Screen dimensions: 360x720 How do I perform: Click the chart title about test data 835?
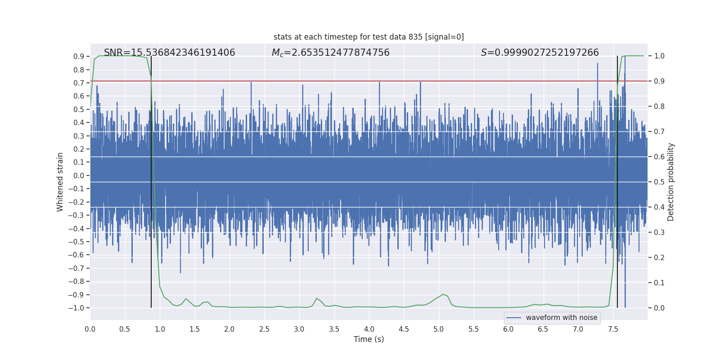tap(369, 37)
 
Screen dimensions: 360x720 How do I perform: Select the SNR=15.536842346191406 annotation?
tap(169, 53)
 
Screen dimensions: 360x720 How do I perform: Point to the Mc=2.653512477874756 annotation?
tap(330, 53)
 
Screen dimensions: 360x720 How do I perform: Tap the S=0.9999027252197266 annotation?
tap(540, 53)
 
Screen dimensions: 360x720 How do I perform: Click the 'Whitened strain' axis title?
tap(60, 182)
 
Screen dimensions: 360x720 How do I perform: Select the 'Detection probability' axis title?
tap(671, 182)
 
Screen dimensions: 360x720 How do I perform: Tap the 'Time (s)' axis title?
tap(369, 339)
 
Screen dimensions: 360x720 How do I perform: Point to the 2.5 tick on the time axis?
tap(264, 329)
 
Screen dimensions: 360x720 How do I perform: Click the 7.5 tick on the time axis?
tap(613, 329)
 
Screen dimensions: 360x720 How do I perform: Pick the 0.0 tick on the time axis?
tap(90, 329)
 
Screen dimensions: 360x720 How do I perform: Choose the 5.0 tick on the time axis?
tap(439, 329)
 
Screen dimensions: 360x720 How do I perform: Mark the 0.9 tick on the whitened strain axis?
tap(79, 56)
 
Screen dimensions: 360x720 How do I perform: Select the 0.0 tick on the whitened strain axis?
tap(79, 175)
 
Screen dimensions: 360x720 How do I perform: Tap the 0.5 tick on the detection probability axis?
tap(659, 182)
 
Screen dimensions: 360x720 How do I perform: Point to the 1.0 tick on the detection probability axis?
tap(659, 56)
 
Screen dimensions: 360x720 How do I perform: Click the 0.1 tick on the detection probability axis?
tap(659, 283)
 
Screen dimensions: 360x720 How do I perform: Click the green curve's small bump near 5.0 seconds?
tap(443, 294)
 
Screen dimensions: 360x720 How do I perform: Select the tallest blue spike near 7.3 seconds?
tap(598, 64)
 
